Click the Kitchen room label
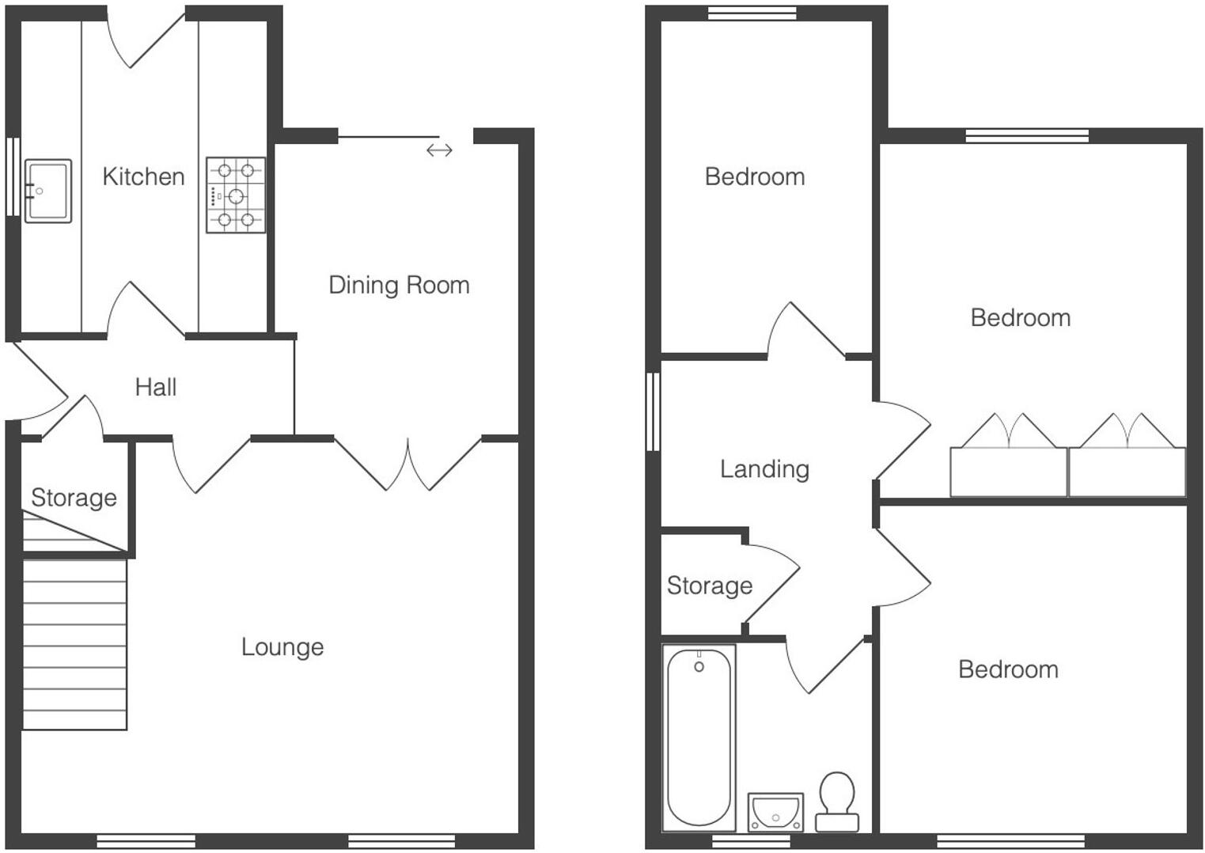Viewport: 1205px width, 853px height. pos(143,176)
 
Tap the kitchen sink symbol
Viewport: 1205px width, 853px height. pos(48,191)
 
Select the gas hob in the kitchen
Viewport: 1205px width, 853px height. pos(236,195)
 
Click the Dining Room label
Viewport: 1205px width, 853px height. pos(399,285)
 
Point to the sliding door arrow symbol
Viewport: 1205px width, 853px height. pos(439,150)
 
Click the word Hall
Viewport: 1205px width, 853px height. pos(155,387)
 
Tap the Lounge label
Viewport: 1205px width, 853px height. pos(282,647)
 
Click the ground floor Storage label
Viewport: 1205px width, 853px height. pos(74,498)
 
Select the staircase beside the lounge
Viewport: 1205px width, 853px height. pos(74,644)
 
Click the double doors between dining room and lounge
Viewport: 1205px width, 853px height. pos(408,463)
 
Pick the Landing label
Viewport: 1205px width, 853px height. pos(764,469)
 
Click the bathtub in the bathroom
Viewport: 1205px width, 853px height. pos(699,737)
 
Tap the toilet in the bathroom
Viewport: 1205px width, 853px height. pos(837,800)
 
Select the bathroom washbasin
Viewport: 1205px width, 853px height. pos(775,812)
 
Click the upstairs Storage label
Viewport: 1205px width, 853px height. pos(709,586)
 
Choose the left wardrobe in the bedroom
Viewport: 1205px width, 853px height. pos(1008,472)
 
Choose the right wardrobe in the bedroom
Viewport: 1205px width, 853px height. pos(1127,472)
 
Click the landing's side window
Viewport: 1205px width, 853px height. pos(653,411)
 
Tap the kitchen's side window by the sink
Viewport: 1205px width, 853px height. pos(13,176)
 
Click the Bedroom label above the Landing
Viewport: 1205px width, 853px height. pos(755,176)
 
